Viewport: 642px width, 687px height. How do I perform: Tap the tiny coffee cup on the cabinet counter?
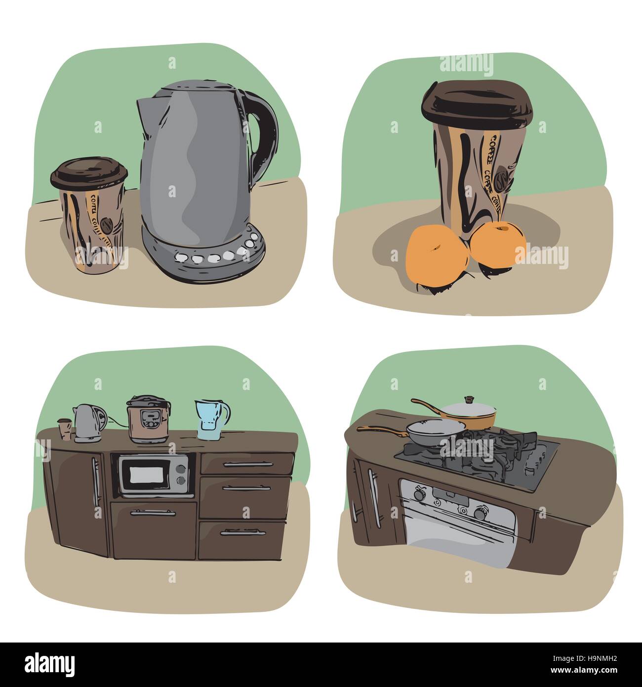click(64, 429)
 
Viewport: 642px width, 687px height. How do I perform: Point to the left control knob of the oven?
click(420, 493)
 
